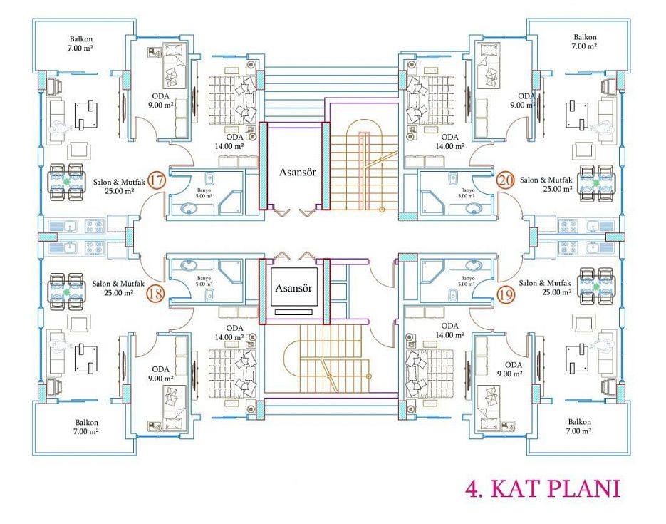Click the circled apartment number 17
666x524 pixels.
(x=156, y=180)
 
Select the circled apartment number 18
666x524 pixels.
(x=155, y=294)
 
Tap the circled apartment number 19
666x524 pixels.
(x=506, y=294)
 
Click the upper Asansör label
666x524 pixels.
(x=298, y=172)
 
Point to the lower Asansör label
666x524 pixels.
(x=293, y=288)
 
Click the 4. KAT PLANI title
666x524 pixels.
(x=543, y=489)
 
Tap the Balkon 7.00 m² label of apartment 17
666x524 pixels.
(x=80, y=43)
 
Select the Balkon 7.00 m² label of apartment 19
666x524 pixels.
(x=579, y=426)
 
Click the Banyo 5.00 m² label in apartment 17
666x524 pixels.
(x=204, y=193)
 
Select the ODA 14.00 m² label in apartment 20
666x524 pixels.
(x=449, y=142)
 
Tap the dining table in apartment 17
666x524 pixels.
(x=67, y=183)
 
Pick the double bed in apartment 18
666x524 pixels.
(x=233, y=373)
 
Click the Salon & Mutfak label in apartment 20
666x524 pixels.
(x=546, y=185)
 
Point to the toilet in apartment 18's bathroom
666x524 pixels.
(x=209, y=293)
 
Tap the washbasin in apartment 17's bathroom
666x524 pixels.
(x=188, y=209)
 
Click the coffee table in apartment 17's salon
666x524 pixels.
(x=86, y=115)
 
